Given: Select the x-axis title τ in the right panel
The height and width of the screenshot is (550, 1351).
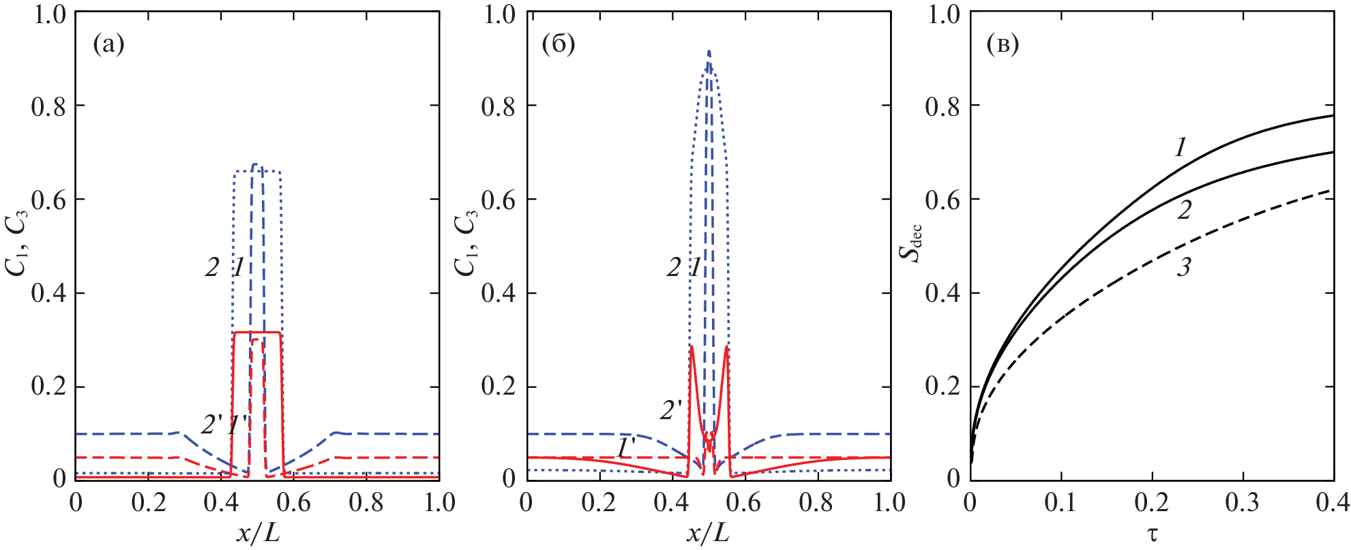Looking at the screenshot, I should [1152, 533].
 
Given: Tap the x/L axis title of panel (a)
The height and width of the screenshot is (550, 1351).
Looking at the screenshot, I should [258, 533].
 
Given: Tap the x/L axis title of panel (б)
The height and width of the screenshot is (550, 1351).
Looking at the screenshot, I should [708, 533].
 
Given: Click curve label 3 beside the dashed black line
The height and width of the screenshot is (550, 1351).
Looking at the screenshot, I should [1184, 267].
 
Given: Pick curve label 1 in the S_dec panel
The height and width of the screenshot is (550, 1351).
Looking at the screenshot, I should [1181, 147].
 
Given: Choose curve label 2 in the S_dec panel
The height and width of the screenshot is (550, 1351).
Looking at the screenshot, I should [1184, 210].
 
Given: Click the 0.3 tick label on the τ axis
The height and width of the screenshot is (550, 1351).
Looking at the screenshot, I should [1243, 503].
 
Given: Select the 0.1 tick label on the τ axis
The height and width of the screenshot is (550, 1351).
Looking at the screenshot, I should [1060, 503].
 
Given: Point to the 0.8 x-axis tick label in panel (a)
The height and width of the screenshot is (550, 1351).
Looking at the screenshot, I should [366, 503].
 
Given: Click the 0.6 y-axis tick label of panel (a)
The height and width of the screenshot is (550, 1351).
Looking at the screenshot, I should [48, 200].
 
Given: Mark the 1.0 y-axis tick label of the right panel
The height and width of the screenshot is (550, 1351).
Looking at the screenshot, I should [942, 14].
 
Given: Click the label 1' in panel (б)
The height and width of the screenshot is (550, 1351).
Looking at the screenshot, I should [626, 447].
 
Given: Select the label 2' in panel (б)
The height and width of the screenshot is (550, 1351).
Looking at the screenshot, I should [671, 410].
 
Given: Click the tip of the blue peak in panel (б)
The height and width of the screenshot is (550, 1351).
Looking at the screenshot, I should [709, 51].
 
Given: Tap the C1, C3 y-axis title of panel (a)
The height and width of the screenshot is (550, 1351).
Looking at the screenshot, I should [18, 243].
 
